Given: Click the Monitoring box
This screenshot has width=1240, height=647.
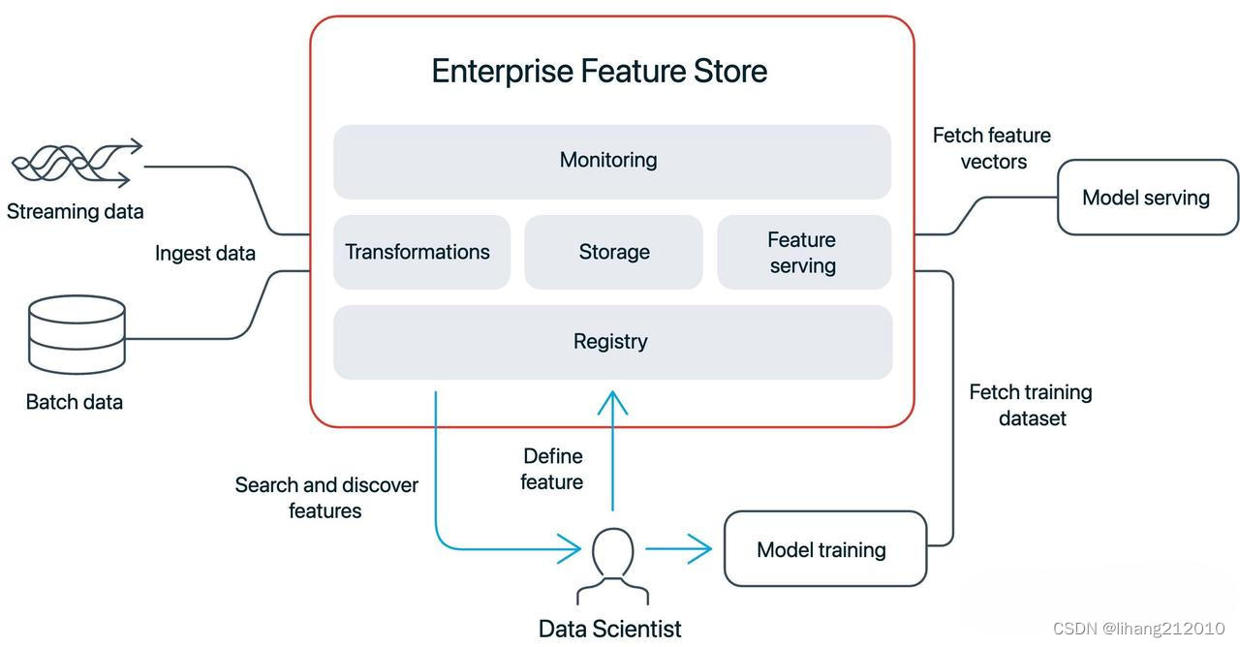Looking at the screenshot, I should click(611, 161).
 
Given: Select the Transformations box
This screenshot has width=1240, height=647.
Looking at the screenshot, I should click(421, 252).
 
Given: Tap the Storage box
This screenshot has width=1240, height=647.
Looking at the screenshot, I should click(613, 252).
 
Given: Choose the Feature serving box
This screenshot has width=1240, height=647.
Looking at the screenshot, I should click(803, 252).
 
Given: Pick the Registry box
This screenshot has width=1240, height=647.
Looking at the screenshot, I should click(611, 342).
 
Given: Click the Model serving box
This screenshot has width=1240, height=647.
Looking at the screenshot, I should click(1147, 198).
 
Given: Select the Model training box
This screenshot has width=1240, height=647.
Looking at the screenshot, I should click(824, 549).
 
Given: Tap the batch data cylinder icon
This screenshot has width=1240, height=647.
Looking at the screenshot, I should click(77, 334).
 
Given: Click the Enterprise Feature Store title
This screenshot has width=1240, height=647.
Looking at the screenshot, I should click(599, 71).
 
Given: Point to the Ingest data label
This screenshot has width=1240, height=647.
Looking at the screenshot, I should click(205, 254).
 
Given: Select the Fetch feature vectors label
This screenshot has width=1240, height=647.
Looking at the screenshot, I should click(992, 148).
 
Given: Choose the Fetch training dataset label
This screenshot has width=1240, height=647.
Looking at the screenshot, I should click(1031, 405).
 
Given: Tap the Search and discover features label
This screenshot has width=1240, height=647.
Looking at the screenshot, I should click(326, 497).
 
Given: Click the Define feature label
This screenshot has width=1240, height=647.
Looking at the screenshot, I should click(552, 469).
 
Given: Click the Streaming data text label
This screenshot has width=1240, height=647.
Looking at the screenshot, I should click(75, 211).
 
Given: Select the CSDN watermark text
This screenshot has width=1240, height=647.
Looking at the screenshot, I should click(1137, 629).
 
